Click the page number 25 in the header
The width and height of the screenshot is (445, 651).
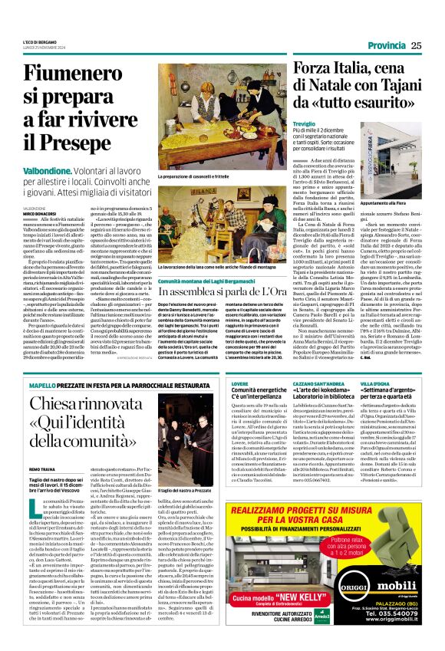coord(416,45)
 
